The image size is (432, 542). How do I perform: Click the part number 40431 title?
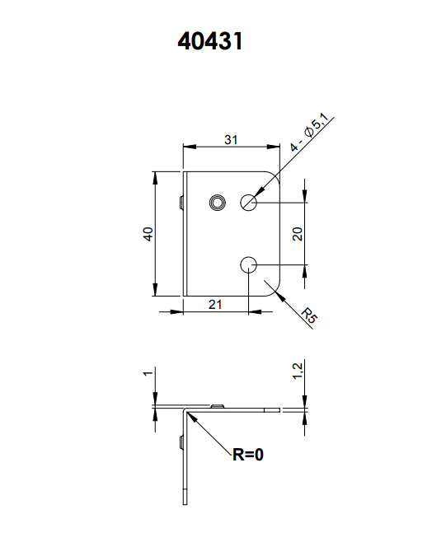(210, 41)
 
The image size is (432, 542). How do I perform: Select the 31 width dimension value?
(231, 140)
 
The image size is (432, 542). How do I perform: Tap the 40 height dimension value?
(148, 234)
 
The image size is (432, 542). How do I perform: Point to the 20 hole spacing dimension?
(298, 234)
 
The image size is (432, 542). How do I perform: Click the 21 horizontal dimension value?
(215, 305)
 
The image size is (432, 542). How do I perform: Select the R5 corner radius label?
(309, 315)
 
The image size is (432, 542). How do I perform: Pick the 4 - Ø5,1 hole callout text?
(309, 133)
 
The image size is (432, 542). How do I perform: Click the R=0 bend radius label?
(248, 454)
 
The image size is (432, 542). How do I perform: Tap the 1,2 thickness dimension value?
(298, 371)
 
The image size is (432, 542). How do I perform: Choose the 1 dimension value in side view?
(148, 373)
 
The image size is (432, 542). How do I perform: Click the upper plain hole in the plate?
(248, 202)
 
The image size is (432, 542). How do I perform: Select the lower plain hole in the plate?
(248, 265)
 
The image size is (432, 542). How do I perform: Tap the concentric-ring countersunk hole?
(218, 203)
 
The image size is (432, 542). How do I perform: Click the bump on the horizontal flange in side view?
(218, 405)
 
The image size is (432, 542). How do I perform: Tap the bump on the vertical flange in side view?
(181, 443)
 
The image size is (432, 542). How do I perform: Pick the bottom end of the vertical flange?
(185, 504)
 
